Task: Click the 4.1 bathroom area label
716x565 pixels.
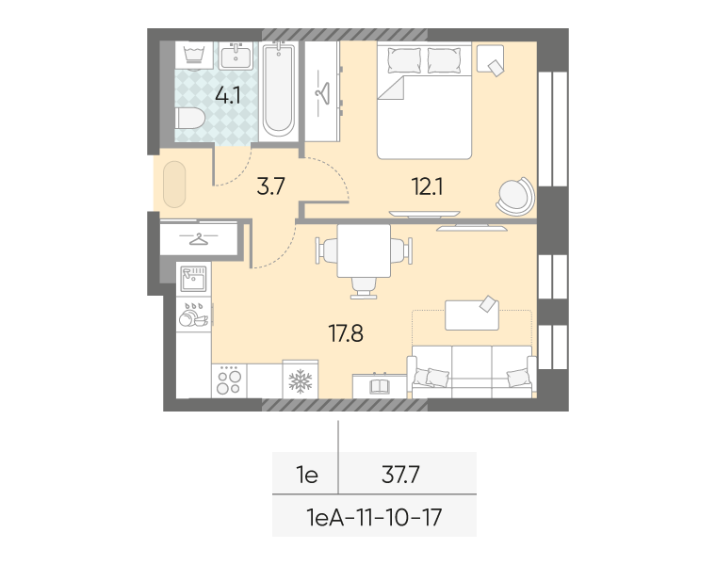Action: point(228,96)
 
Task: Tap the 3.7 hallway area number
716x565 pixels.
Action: point(270,186)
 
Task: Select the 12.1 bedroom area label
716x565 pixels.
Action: point(427,186)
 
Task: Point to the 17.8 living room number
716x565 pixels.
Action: point(346,333)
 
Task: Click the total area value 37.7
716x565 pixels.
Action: point(400,476)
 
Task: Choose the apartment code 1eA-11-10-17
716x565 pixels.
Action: point(374,518)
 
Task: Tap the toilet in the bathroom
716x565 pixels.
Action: point(189,119)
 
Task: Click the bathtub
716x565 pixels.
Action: point(278,89)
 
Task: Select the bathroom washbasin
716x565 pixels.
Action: point(236,56)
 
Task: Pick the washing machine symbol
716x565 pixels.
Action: point(194,56)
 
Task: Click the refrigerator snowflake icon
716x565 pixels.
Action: point(301,381)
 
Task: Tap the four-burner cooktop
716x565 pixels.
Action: point(229,380)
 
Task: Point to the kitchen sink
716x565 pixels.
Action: point(194,279)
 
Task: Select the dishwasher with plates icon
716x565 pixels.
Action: point(194,314)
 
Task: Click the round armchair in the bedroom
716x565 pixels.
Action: point(515,196)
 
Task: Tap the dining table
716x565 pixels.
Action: point(364,250)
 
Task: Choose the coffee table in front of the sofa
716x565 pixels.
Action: point(472,315)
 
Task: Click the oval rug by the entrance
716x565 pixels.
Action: point(174,185)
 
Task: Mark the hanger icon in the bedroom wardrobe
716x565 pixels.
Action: point(322,93)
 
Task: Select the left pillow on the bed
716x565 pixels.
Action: point(404,59)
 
